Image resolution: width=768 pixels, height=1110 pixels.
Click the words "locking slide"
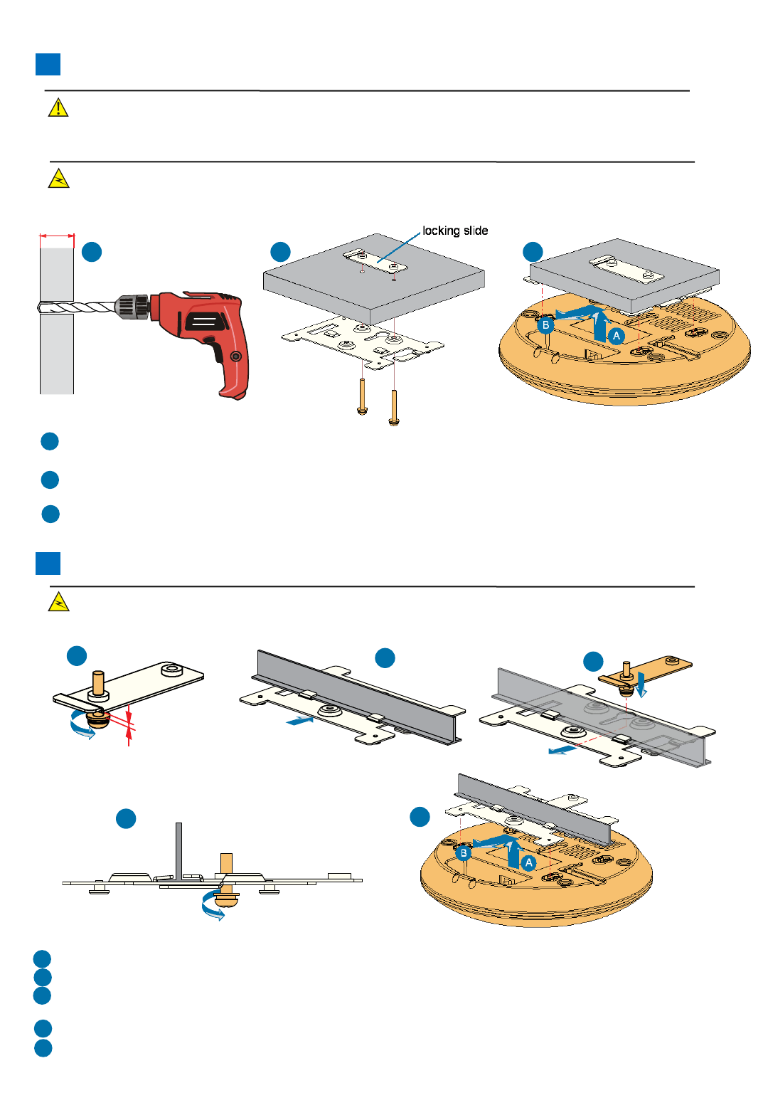click(x=455, y=231)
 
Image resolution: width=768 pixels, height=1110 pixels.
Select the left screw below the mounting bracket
click(x=363, y=396)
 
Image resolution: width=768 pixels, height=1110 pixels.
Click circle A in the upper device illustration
click(x=617, y=336)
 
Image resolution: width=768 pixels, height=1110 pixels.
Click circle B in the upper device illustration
click(x=545, y=325)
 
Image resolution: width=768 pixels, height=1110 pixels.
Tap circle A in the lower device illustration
click(x=528, y=862)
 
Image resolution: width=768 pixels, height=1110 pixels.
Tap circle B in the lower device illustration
click(x=463, y=852)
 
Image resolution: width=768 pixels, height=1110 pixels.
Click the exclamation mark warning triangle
click(x=58, y=107)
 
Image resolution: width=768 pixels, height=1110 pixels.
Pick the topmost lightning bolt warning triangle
click(x=58, y=179)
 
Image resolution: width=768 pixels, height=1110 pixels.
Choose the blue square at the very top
click(x=48, y=64)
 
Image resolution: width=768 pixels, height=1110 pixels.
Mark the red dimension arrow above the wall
click(x=57, y=236)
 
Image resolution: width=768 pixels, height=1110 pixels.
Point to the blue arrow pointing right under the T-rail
click(x=299, y=721)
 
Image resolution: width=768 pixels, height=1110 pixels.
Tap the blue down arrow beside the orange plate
click(x=642, y=684)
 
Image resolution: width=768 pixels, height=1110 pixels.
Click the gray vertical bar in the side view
click(x=179, y=850)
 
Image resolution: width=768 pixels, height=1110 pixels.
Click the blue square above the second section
click(x=48, y=563)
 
